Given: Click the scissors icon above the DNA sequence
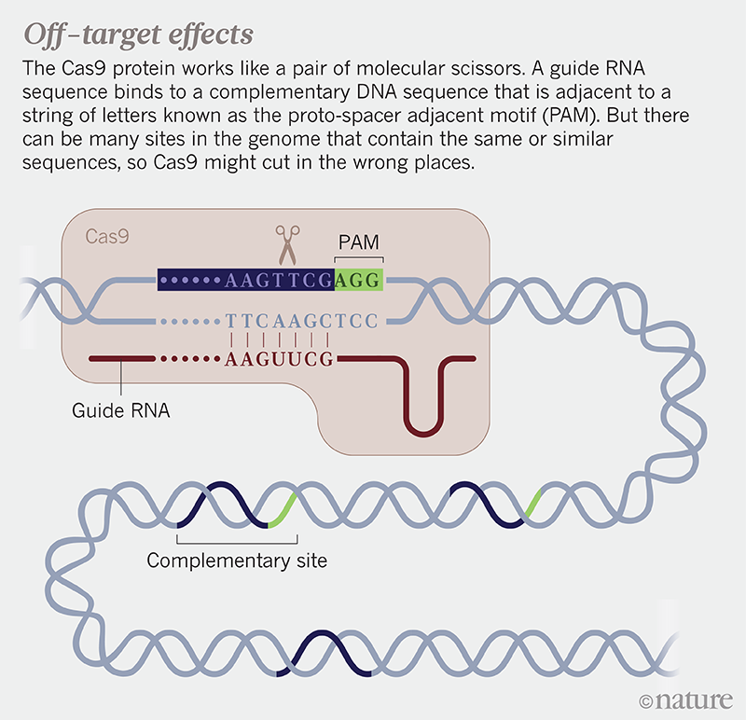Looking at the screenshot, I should point(286,244).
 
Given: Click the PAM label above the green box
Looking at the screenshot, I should point(359,243).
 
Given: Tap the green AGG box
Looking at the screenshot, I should point(359,278).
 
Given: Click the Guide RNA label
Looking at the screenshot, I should point(119,409).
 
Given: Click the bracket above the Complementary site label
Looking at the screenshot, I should point(237,538).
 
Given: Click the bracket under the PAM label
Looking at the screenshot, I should point(359,259).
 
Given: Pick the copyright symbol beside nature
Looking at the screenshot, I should point(647,699).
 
